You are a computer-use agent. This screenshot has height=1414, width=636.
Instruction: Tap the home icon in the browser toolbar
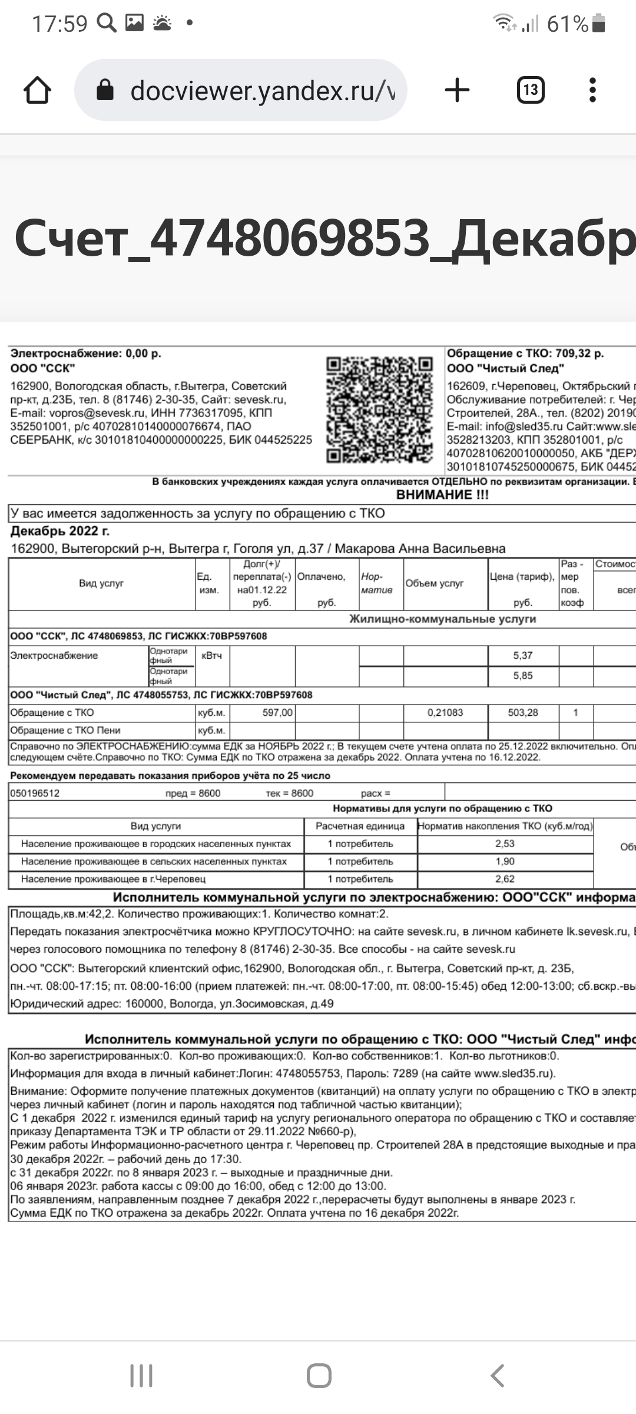click(x=37, y=91)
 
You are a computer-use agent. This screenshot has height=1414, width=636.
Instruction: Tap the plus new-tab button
click(x=457, y=90)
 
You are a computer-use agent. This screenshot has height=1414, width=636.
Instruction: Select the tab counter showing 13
click(x=530, y=90)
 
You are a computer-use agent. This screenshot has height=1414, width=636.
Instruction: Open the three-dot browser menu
click(x=592, y=90)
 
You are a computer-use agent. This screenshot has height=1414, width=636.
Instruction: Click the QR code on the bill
click(x=380, y=409)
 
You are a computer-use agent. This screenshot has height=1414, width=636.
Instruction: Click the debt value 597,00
click(x=277, y=712)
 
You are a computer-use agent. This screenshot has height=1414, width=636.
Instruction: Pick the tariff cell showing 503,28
click(x=523, y=712)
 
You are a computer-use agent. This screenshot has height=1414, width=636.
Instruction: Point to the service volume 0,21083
click(x=445, y=712)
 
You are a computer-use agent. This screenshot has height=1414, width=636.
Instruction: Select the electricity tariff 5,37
click(x=523, y=655)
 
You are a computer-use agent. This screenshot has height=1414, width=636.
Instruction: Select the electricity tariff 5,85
click(x=523, y=676)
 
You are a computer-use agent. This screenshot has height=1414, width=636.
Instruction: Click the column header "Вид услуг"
click(x=101, y=583)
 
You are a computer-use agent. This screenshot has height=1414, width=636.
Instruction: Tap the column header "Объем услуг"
click(x=435, y=583)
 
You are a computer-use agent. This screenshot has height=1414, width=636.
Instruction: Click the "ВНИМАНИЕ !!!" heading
click(x=442, y=495)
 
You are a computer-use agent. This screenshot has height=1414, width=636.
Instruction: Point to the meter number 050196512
click(x=35, y=793)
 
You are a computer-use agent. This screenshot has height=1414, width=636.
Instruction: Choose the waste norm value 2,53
click(x=505, y=844)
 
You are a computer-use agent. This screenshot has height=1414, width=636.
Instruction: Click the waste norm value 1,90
click(x=505, y=861)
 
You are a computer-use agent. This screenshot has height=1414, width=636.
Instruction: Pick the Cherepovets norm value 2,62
click(x=505, y=879)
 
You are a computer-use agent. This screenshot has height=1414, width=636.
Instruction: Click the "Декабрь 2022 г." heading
click(x=60, y=531)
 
